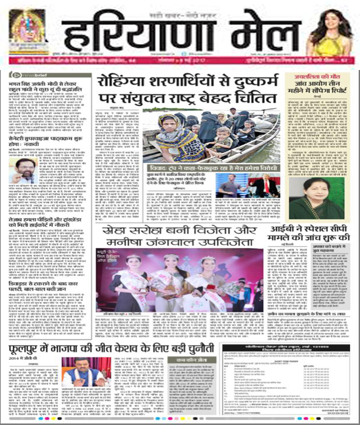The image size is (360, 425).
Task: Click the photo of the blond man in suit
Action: [265, 186]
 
